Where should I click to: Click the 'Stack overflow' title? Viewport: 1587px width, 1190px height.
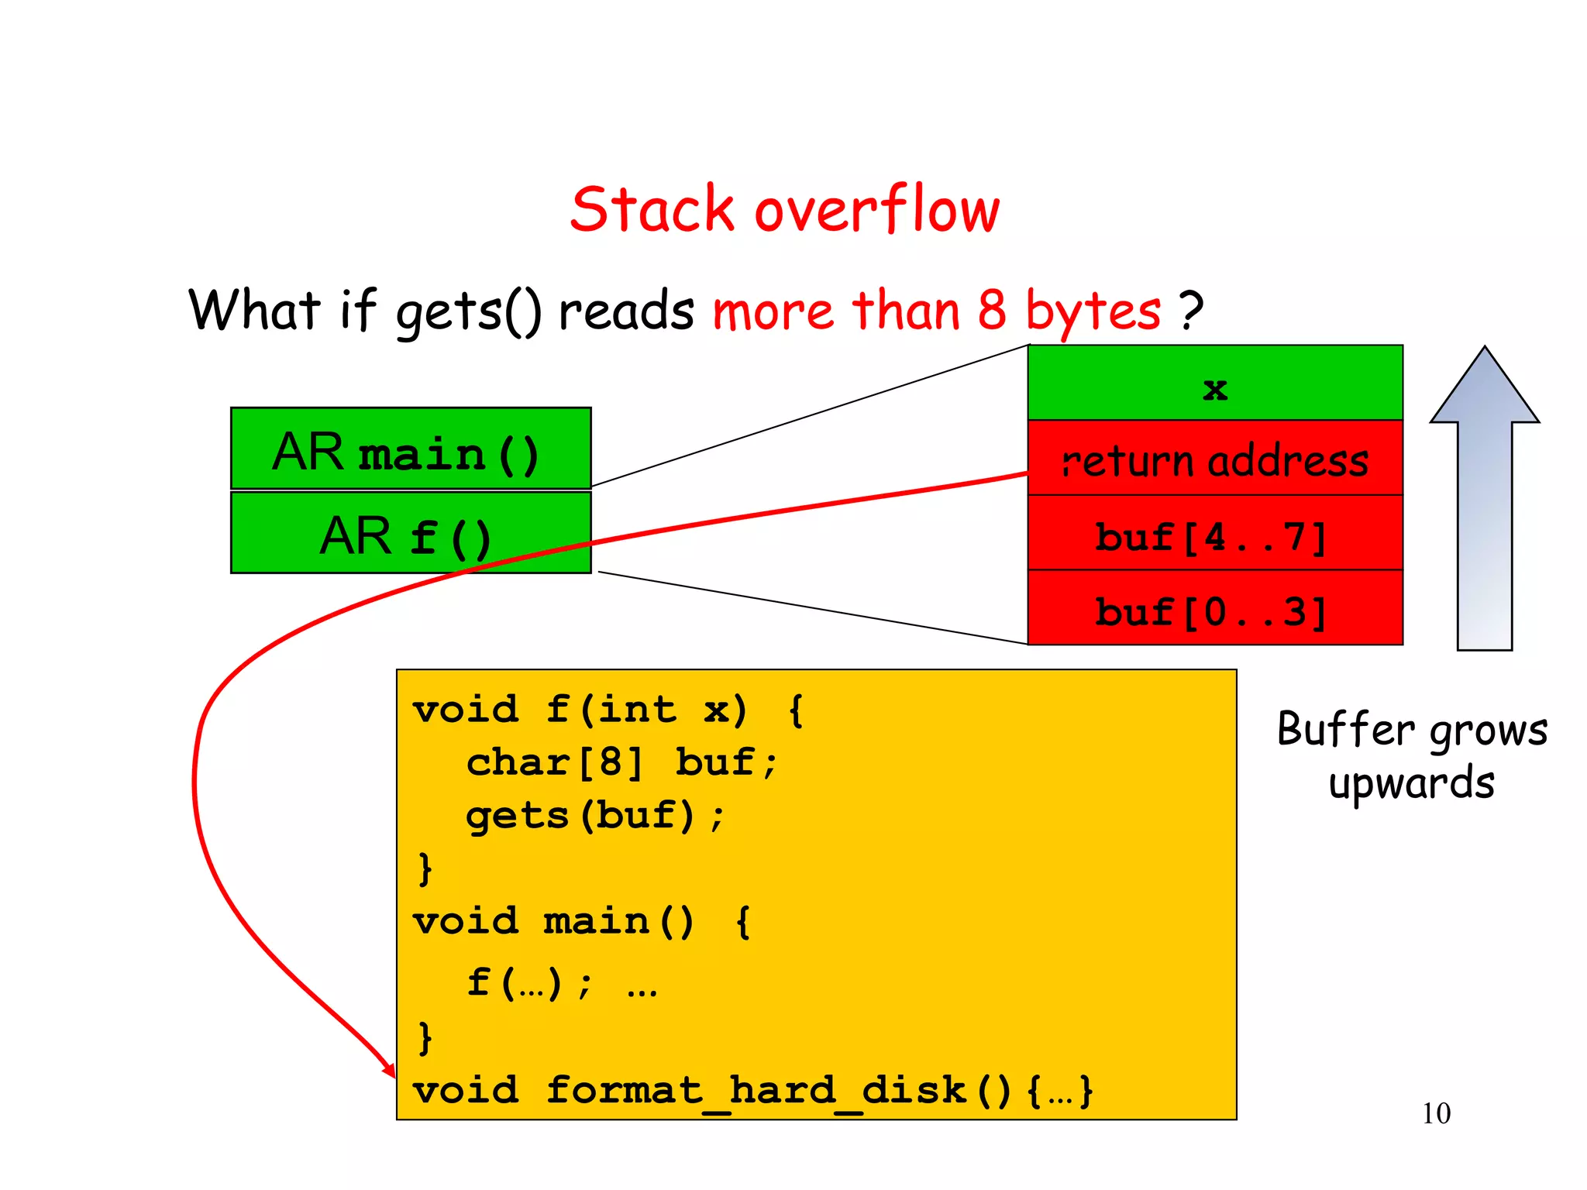[784, 210]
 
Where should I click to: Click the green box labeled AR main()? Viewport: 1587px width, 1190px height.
[411, 449]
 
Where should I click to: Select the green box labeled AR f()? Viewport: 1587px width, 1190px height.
[411, 533]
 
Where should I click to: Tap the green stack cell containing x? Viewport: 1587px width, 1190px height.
[1214, 383]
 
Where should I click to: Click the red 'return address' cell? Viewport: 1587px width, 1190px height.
[1214, 459]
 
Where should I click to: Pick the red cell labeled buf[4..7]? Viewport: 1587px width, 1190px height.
[1214, 534]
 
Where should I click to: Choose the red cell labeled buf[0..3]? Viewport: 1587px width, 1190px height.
[1214, 608]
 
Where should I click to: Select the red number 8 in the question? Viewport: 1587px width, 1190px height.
[991, 310]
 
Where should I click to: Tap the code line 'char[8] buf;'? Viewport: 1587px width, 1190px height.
[620, 762]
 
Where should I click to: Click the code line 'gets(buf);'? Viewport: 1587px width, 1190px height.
[594, 816]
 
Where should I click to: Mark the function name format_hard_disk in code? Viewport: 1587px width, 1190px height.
[756, 1090]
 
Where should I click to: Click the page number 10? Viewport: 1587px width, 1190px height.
[1436, 1113]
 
